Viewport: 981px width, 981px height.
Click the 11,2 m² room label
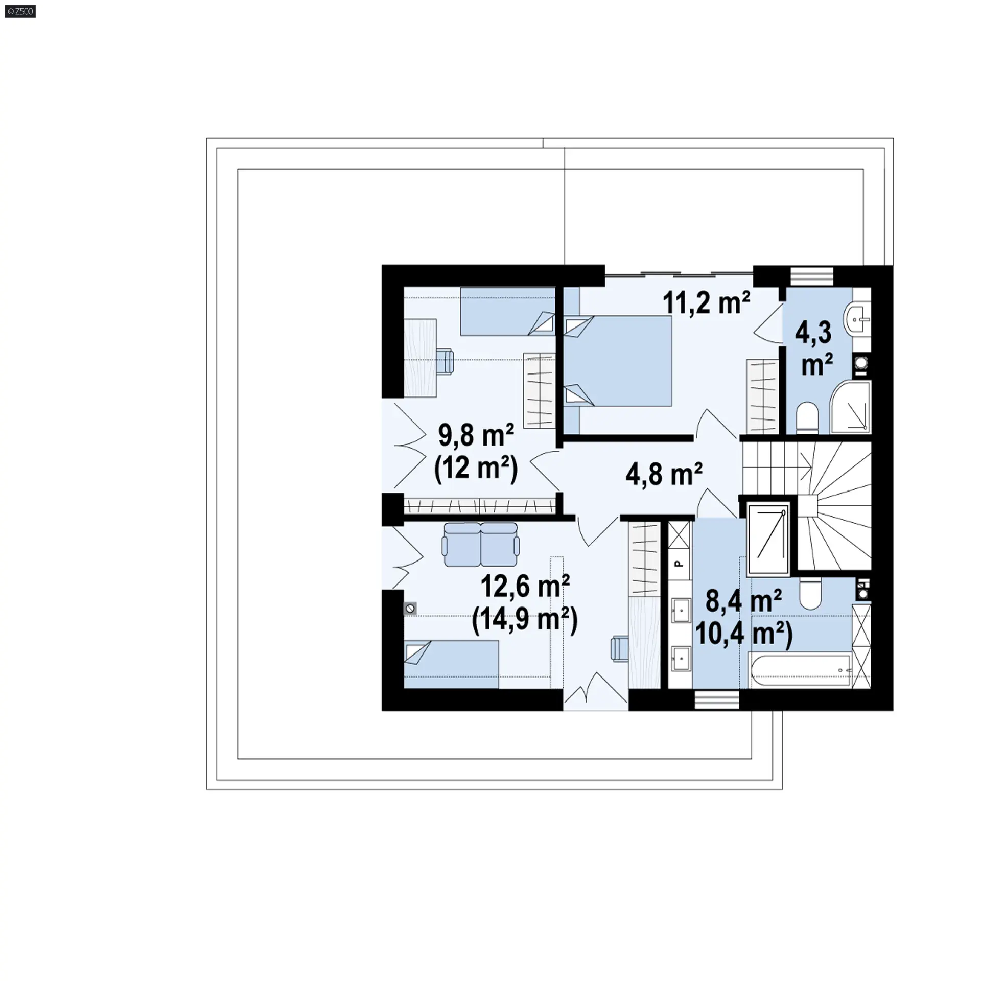[x=707, y=303]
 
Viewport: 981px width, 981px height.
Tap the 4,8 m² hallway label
[x=664, y=474]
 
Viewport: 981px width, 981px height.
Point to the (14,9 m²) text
[x=525, y=620]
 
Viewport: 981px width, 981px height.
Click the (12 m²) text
[x=476, y=468]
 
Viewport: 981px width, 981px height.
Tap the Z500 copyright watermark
[x=20, y=11]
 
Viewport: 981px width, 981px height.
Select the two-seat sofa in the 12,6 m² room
[x=481, y=544]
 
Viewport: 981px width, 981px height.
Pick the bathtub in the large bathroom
[x=799, y=670]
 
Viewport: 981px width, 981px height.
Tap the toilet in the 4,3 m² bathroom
[x=807, y=418]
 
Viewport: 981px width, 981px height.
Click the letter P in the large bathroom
[x=679, y=564]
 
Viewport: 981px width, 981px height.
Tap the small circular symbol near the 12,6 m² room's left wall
[x=410, y=609]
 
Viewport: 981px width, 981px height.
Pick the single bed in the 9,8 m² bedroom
[x=507, y=311]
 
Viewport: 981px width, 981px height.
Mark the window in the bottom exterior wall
[x=717, y=700]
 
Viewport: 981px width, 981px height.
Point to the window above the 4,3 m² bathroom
[x=812, y=276]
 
